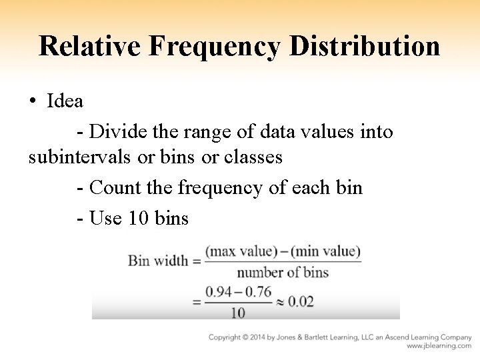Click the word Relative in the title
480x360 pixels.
click(x=89, y=46)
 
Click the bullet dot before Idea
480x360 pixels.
click(x=33, y=101)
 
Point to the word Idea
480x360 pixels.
click(x=65, y=101)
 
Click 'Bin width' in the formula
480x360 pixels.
click(x=158, y=260)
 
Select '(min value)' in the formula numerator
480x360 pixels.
click(x=325, y=252)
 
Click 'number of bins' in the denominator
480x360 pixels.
click(x=283, y=272)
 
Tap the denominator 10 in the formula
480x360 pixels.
click(x=238, y=312)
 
